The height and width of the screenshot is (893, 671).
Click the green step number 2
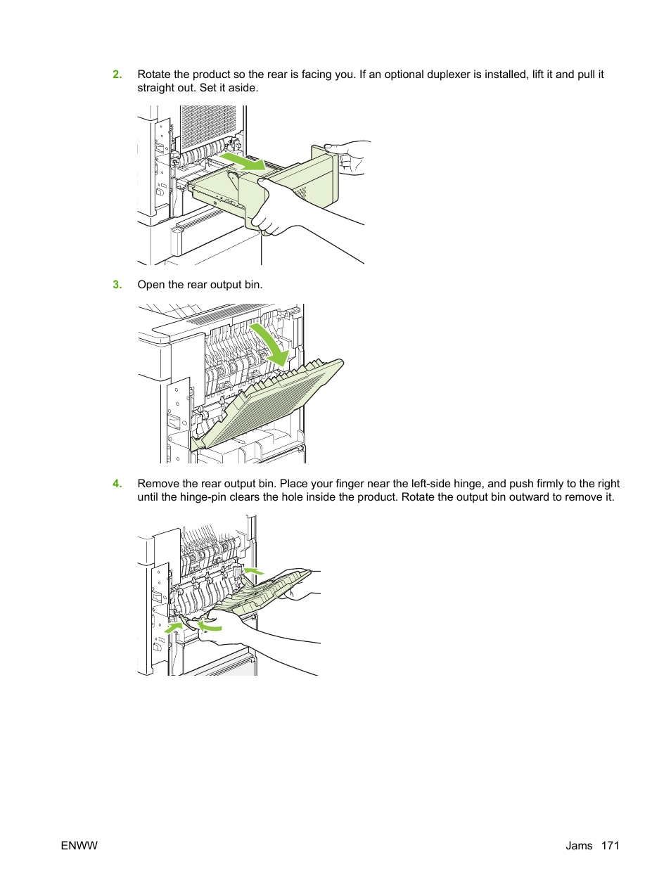[117, 75]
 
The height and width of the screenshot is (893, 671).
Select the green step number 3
[117, 285]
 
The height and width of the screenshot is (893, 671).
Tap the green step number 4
[117, 484]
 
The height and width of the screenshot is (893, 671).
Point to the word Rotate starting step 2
[154, 75]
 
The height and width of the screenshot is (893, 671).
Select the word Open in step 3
[151, 285]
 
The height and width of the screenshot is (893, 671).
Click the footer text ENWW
[79, 846]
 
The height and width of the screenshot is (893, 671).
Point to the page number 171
[610, 846]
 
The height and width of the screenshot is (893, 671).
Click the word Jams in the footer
[579, 846]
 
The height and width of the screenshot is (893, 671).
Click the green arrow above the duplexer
[243, 162]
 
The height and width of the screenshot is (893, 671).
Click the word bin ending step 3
[253, 285]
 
